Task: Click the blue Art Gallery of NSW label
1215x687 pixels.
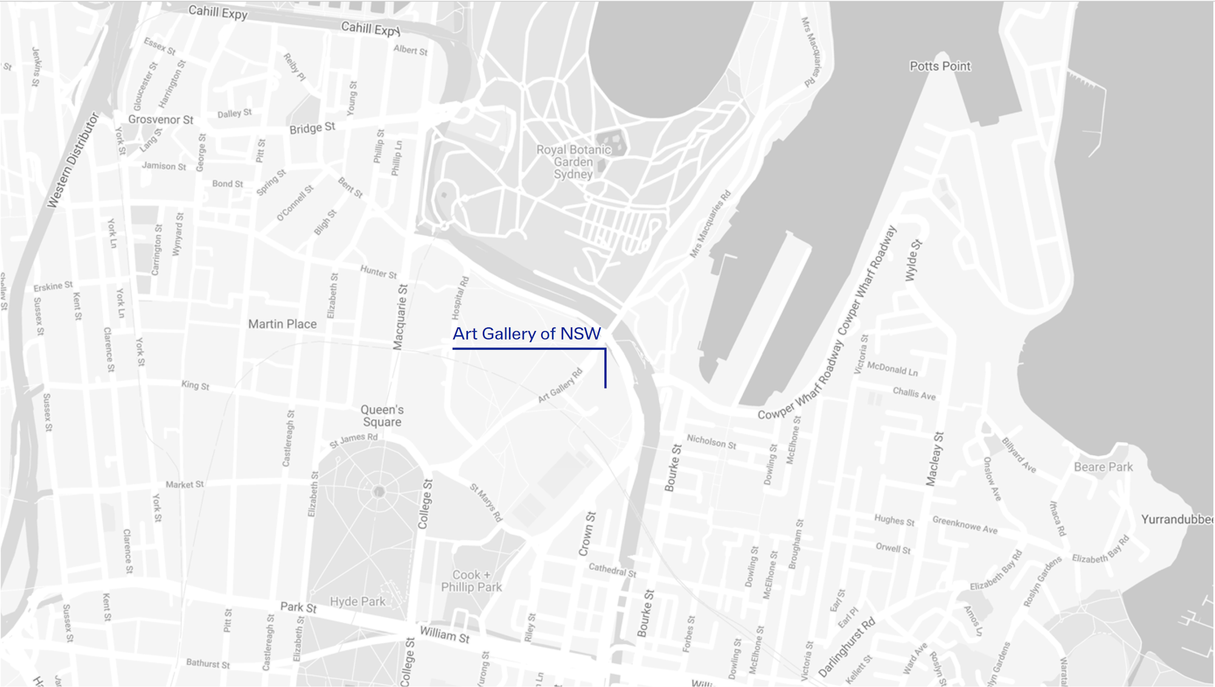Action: (526, 334)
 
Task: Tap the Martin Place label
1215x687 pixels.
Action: (282, 324)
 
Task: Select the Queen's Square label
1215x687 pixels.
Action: (382, 416)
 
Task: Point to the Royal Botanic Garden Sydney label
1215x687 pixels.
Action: (573, 162)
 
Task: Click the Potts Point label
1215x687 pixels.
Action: (940, 66)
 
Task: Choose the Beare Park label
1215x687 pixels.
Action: (1103, 467)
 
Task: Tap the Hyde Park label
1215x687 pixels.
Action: (357, 601)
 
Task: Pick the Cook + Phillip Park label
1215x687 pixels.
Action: (471, 581)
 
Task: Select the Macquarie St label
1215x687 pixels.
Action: (400, 317)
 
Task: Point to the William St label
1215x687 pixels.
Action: (445, 635)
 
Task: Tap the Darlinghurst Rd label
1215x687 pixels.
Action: (847, 647)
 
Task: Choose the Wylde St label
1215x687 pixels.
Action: (913, 261)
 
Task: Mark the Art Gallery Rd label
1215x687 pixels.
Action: (560, 386)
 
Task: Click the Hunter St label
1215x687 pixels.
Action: (378, 272)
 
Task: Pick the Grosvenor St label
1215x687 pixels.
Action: (160, 120)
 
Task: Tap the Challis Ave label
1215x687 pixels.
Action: (914, 394)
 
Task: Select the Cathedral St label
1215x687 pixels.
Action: (612, 570)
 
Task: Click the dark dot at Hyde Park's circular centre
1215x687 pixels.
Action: (379, 491)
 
